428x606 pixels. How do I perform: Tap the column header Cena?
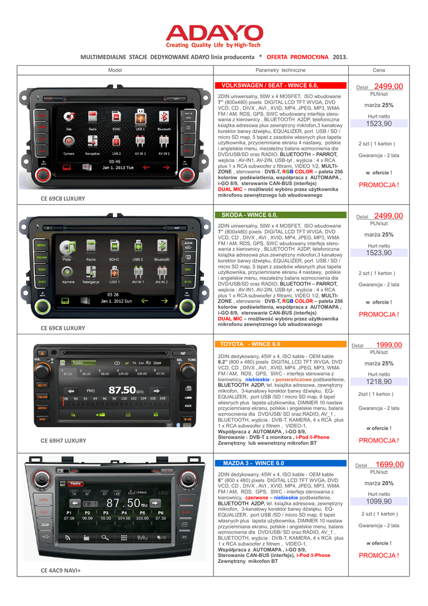[378, 70]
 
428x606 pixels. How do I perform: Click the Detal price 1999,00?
[388, 345]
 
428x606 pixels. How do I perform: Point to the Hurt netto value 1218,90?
[378, 365]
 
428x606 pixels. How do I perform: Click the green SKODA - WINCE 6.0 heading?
[249, 214]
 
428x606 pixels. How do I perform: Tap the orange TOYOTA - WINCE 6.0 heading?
[250, 343]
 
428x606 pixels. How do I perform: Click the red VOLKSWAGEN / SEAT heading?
[265, 86]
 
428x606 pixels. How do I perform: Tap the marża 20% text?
[379, 483]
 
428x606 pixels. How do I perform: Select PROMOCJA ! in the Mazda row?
[378, 555]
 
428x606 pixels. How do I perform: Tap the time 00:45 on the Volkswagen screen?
[115, 161]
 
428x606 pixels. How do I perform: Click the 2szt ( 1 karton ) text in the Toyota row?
[375, 394]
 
